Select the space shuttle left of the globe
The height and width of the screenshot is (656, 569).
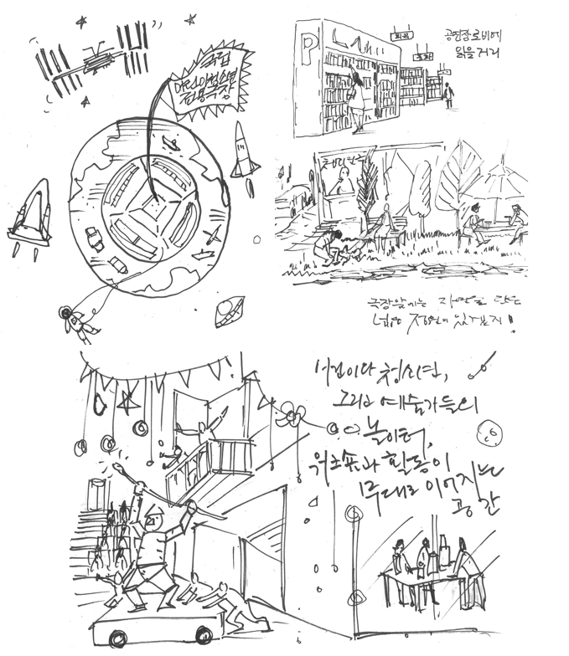(29, 216)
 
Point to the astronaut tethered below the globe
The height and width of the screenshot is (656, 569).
(74, 321)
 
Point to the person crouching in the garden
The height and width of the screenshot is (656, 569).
(327, 248)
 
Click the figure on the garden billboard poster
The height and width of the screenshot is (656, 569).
(342, 180)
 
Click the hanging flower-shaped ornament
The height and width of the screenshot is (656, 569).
(290, 414)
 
